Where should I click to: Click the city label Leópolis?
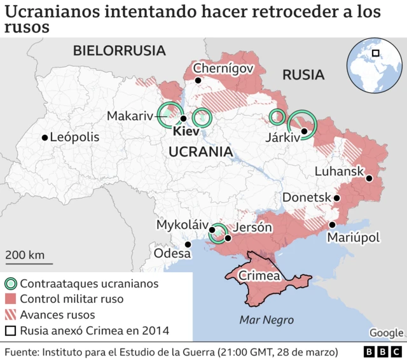74,137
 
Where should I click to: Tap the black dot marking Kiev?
183,118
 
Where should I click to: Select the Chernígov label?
223,68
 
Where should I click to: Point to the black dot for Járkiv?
304,132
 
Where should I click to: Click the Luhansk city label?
339,172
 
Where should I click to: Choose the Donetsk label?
307,198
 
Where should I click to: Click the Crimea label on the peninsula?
259,276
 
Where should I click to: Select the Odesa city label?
172,253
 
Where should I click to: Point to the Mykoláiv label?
183,225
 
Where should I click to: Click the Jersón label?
254,227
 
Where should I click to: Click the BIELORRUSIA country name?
119,51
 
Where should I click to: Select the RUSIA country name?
303,75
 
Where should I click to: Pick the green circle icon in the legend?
11,284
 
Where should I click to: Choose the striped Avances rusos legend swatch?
11,315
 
